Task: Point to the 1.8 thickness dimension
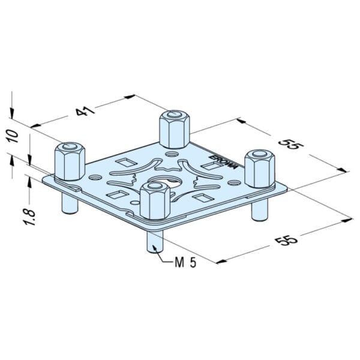19,212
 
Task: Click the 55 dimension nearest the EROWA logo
289,146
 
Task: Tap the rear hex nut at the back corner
173,128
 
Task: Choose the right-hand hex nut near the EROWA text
259,169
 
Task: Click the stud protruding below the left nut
70,203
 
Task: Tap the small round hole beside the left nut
95,178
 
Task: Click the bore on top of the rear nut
174,114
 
